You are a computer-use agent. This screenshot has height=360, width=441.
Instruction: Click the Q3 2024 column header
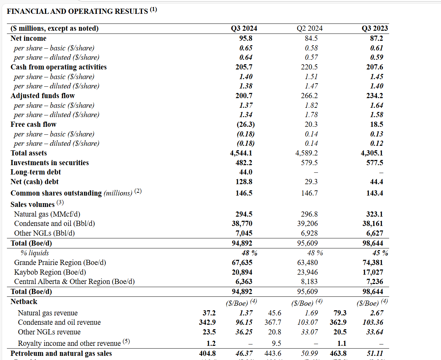click(244, 28)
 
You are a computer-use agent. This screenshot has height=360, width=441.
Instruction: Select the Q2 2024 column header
click(309, 28)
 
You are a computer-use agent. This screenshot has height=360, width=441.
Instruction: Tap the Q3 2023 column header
click(375, 28)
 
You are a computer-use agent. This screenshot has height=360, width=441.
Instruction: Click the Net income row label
click(28, 38)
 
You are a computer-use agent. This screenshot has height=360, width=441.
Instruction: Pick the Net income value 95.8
click(245, 38)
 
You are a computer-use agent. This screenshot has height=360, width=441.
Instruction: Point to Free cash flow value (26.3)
click(245, 124)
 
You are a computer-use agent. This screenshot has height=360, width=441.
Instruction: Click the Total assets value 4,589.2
click(306, 153)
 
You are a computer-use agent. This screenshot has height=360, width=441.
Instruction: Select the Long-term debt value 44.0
click(245, 172)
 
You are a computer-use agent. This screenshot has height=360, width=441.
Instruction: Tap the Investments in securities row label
click(49, 163)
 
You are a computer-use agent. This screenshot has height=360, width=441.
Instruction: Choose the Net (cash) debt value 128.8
click(244, 182)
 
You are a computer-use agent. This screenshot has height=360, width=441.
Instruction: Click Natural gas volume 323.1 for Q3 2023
click(375, 214)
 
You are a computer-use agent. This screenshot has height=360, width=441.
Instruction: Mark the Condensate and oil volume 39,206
click(307, 224)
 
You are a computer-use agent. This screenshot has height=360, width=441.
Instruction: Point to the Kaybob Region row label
click(50, 272)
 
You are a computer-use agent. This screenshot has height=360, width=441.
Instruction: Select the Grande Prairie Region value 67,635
click(242, 263)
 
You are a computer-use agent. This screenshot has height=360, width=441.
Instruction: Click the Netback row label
click(24, 302)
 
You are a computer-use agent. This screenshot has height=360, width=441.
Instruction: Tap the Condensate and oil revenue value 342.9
click(207, 322)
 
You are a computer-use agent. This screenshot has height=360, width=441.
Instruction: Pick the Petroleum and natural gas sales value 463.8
click(338, 353)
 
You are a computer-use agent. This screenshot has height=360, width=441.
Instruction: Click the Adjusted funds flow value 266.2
click(309, 96)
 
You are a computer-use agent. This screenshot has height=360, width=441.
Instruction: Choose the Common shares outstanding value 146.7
click(309, 193)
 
